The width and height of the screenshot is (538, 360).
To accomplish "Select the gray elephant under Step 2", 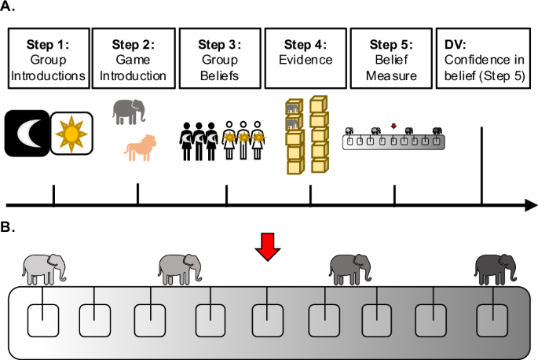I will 129,112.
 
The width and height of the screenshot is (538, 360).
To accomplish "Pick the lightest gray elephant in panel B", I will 44,269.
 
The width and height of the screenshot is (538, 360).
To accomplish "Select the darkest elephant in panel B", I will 496,269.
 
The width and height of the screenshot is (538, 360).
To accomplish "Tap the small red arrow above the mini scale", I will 393,123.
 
